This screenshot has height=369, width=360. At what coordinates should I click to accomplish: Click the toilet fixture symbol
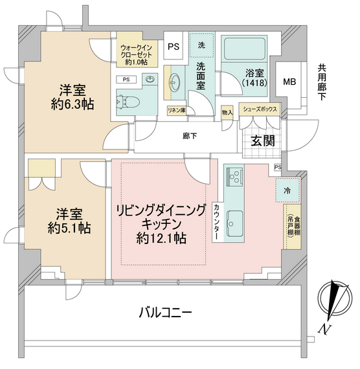pyautogui.click(x=129, y=102)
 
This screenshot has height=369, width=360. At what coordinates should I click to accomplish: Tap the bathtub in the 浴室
pyautogui.click(x=245, y=49)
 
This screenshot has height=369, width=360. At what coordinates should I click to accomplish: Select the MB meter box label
pyautogui.click(x=289, y=82)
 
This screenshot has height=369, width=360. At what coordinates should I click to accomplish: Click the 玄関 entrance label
pyautogui.click(x=263, y=140)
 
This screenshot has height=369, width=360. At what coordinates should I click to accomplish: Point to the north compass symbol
pyautogui.click(x=335, y=299)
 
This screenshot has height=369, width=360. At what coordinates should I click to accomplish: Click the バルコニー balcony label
pyautogui.click(x=165, y=313)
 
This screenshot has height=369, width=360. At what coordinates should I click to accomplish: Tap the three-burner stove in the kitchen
pyautogui.click(x=234, y=176)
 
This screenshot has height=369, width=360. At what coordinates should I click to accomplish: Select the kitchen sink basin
pyautogui.click(x=235, y=223)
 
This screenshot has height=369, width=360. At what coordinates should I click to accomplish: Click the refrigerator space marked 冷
pyautogui.click(x=287, y=190)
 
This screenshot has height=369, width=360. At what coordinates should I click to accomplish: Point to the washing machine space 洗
pyautogui.click(x=201, y=45)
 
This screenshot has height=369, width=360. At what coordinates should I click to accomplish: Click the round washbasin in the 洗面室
pyautogui.click(x=175, y=83)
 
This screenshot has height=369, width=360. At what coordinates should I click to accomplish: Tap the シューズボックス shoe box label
pyautogui.click(x=260, y=109)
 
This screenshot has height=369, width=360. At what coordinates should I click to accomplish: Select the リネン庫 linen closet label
pyautogui.click(x=177, y=110)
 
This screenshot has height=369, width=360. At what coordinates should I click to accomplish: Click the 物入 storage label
pyautogui.click(x=227, y=113)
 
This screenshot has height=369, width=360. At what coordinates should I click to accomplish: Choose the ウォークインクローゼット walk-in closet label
pyautogui.click(x=137, y=55)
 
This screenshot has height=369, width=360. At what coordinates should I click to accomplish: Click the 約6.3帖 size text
pyautogui.click(x=73, y=104)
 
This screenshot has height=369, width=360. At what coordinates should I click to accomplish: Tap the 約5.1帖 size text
pyautogui.click(x=69, y=228)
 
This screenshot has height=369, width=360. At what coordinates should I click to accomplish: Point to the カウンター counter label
pyautogui.click(x=216, y=221)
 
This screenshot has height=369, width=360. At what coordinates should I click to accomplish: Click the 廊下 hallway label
pyautogui.click(x=190, y=136)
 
